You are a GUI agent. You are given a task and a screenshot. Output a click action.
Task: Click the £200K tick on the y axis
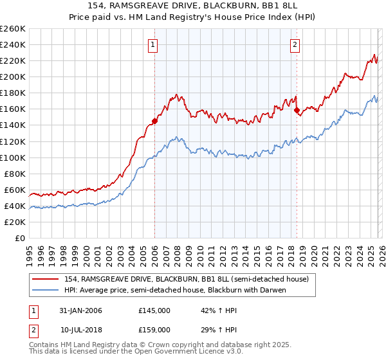tap(12, 76)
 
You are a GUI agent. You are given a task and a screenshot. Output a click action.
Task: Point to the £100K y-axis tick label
tap(12, 157)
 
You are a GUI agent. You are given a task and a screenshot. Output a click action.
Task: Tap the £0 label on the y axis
tap(19, 238)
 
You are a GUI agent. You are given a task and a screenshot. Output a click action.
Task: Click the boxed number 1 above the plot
tap(153, 44)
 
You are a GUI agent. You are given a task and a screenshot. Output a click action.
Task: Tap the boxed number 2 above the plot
tap(295, 44)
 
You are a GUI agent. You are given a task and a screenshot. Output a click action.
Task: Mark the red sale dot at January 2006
tap(154, 121)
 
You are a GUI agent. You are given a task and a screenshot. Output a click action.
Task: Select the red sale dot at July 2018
tap(297, 110)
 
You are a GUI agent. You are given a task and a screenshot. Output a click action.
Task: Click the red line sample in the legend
tap(47, 279)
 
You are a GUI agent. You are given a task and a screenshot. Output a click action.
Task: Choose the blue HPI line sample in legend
tap(47, 290)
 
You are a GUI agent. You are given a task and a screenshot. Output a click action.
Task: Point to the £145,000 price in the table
tap(154, 310)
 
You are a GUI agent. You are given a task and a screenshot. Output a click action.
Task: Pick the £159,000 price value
tap(154, 330)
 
